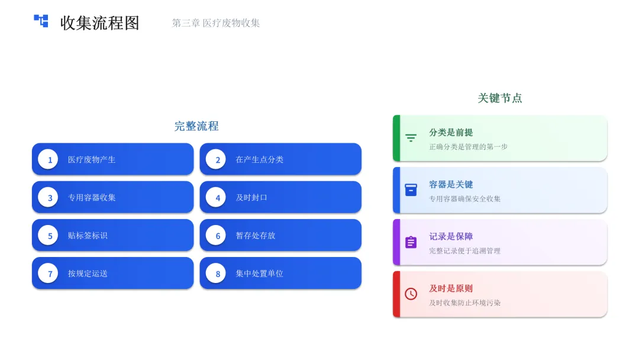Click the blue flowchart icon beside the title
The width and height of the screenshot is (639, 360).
tap(41, 21)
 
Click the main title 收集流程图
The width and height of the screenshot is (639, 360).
tap(99, 23)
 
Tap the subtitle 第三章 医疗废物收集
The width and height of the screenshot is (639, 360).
tap(216, 23)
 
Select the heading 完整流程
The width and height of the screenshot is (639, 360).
tap(196, 126)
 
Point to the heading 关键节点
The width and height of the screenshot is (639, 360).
tap(500, 98)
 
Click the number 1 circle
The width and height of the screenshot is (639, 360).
tap(50, 160)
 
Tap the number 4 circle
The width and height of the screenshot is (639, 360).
tap(218, 198)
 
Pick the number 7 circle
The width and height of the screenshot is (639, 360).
tap(50, 274)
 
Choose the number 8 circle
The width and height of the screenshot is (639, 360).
tap(218, 274)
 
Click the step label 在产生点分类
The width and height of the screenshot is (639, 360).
tap(260, 160)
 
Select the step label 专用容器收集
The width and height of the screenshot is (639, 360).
tap(92, 198)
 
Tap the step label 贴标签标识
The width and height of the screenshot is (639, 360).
tap(88, 236)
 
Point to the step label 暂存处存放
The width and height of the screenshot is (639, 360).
tap(256, 236)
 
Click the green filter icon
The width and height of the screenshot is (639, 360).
tap(411, 138)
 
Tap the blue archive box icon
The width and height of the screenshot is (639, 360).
tap(411, 190)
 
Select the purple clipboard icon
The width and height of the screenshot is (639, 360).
tap(411, 242)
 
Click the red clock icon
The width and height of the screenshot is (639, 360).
tap(411, 294)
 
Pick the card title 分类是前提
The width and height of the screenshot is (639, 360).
tap(451, 133)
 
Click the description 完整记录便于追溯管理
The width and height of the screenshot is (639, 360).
tap(465, 251)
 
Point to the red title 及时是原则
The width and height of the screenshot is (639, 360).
tap(451, 289)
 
